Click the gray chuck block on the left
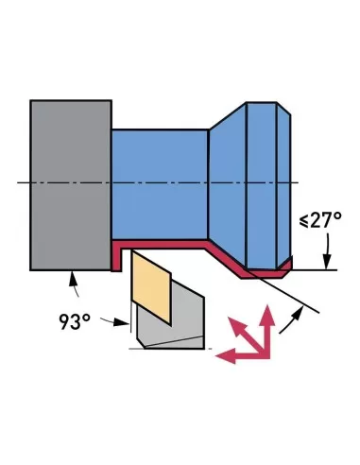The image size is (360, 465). pos(71,183)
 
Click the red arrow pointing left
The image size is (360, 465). pos(227,356)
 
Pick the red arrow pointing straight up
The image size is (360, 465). pos(267,326)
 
